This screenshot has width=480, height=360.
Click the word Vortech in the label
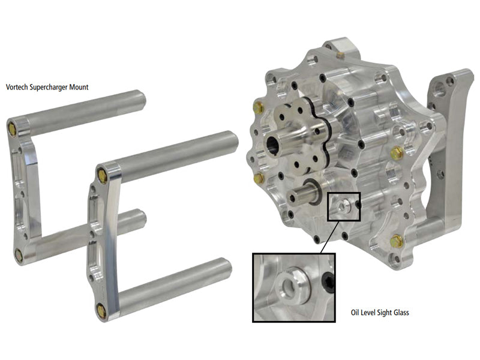(x=17, y=87)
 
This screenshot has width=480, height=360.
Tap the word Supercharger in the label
(x=49, y=88)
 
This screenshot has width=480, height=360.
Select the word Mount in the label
(x=79, y=87)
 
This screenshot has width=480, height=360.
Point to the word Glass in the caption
(x=400, y=313)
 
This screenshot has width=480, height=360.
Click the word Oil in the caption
(x=355, y=313)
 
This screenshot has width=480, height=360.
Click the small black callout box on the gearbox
(x=343, y=206)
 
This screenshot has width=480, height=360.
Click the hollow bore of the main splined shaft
(x=272, y=144)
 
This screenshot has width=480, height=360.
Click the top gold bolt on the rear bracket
(x=13, y=127)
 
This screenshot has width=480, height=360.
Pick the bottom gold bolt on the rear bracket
(x=19, y=255)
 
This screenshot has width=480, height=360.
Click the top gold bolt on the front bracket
(x=101, y=175)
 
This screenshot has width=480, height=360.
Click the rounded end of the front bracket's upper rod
(x=233, y=142)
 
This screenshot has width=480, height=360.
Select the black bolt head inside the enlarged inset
(x=328, y=280)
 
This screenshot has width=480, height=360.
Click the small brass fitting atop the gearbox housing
(x=338, y=55)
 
